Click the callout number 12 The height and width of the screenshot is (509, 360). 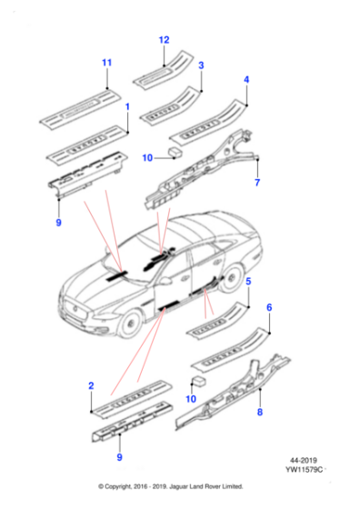pos(164,40)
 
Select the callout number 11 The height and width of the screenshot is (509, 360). pos(105,62)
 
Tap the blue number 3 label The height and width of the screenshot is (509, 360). pos(201,65)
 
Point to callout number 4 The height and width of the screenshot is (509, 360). pos(245,80)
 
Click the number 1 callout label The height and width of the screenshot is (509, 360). pos(126,107)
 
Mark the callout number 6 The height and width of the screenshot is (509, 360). pos(268,308)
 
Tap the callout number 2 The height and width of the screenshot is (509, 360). pos(91,386)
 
